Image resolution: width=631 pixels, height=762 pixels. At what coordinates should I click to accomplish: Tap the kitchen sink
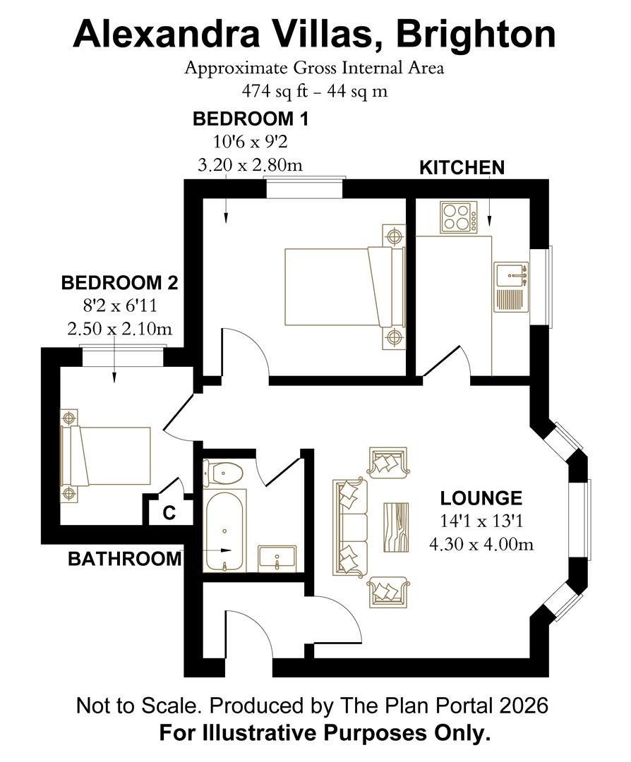(x=510, y=286)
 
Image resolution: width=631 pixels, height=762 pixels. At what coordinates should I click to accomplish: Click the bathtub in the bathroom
(x=224, y=530)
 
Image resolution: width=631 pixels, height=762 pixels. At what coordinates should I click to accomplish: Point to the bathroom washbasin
(x=277, y=557)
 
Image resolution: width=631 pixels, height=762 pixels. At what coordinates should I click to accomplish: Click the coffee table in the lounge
(x=396, y=527)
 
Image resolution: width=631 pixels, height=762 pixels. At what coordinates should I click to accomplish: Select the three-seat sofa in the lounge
(x=349, y=527)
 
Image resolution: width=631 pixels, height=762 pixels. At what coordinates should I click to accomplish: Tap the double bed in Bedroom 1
(x=344, y=287)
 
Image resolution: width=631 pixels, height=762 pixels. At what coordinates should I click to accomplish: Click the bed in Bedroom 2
(x=105, y=456)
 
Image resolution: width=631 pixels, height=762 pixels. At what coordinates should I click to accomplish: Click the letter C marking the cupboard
(x=169, y=513)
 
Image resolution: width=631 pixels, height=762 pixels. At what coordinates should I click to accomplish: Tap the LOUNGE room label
(x=481, y=498)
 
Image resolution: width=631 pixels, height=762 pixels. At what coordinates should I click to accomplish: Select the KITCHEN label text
(x=462, y=168)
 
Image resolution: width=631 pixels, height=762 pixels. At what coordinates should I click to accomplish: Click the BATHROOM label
(x=124, y=559)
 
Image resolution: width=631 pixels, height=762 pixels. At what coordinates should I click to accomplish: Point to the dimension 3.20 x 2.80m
(x=250, y=165)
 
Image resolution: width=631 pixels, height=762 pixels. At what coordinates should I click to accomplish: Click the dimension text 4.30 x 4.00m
(x=481, y=544)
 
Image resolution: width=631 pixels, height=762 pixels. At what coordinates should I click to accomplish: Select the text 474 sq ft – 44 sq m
(x=315, y=91)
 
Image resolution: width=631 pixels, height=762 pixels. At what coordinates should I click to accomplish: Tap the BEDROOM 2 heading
(x=119, y=283)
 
